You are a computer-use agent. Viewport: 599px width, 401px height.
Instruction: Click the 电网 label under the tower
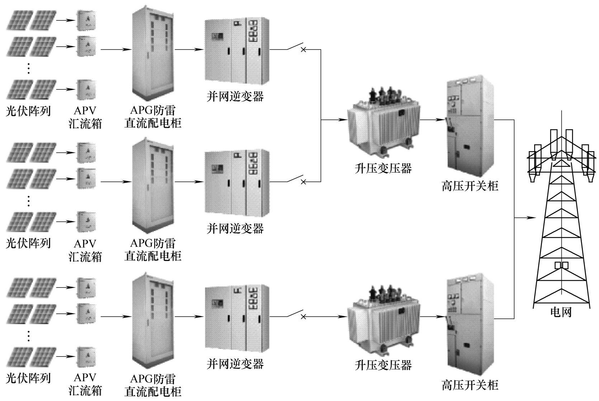point(560,312)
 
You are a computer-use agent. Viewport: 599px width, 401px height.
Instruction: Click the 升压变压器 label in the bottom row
point(383,365)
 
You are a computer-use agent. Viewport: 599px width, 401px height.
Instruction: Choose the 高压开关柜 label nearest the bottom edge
point(470,385)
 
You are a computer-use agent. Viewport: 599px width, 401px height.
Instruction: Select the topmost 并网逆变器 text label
point(235,97)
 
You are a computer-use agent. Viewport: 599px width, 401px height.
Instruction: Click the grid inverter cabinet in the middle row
point(237,183)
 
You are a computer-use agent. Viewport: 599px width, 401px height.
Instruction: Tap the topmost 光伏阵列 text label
point(28,111)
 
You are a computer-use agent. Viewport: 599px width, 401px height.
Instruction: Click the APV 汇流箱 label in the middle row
point(85,250)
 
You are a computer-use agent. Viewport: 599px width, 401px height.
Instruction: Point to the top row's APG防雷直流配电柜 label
point(153,117)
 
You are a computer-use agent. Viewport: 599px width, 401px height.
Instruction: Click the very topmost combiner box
point(86,20)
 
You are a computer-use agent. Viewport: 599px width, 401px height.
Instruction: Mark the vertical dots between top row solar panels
point(29,67)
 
